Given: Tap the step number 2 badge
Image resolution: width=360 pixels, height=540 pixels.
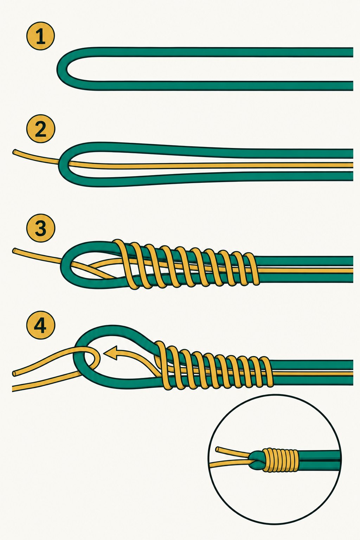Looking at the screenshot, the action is (40, 129).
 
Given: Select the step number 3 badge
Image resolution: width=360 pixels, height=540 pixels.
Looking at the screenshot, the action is (40, 228).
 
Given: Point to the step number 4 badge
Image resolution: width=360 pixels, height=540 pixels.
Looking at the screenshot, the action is (40, 326).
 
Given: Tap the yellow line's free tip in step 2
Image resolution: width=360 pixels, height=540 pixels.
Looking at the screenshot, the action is (14, 153).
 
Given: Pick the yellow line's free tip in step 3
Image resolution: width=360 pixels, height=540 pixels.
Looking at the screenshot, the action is (14, 251).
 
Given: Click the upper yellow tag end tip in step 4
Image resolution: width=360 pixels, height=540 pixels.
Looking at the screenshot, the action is (14, 373).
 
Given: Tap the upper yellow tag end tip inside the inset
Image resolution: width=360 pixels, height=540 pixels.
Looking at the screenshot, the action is (218, 449).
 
